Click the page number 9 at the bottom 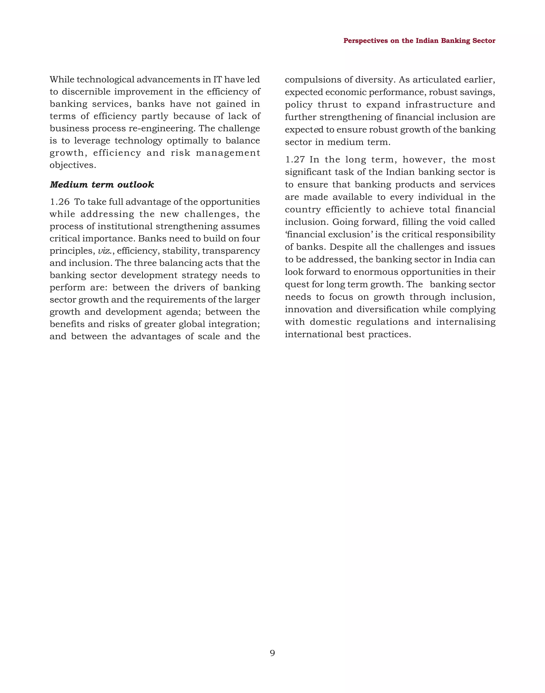click(x=272, y=653)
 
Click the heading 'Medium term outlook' click(x=102, y=185)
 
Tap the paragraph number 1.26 click(x=60, y=202)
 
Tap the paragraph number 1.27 click(x=295, y=160)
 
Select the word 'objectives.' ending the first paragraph click(x=73, y=165)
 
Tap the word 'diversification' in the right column click(x=388, y=309)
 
